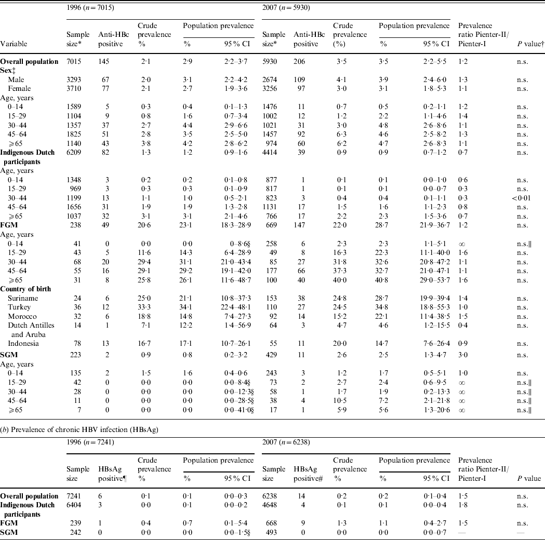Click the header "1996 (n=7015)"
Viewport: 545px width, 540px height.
click(89, 8)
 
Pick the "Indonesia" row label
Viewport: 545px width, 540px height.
click(23, 343)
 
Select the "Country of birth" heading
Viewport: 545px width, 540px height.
click(29, 289)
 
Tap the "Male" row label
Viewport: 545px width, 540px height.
click(16, 79)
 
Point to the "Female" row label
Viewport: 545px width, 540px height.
click(19, 88)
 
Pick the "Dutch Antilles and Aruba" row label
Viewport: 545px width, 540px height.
click(31, 329)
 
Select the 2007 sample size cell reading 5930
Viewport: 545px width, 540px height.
click(271, 61)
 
